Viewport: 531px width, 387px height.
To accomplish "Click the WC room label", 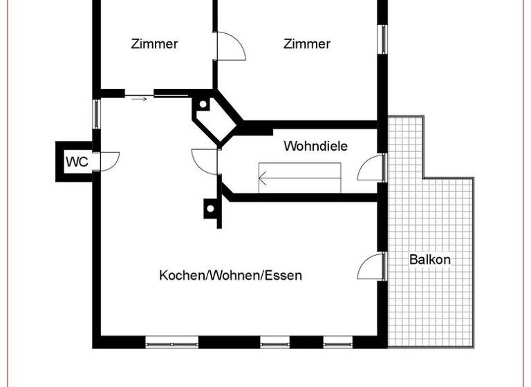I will coord(77,162).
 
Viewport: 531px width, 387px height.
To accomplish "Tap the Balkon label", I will coord(430,260).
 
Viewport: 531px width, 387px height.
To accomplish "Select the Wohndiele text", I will coord(315,147).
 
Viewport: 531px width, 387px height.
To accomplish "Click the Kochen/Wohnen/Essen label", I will coord(230,275).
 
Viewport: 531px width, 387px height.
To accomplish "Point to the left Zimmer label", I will coord(154,44).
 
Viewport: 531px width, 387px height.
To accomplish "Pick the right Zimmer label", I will coord(307,44).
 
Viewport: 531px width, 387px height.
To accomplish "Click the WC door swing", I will coord(109,160).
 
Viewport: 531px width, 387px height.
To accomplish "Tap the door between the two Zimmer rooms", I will coord(230,46).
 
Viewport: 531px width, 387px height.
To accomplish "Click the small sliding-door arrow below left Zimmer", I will coord(139,100).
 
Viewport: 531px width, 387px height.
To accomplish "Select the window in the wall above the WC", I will coord(97,114).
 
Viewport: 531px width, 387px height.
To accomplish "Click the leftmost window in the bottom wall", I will coord(171,341).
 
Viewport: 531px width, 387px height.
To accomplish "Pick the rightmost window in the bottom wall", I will coord(338,341).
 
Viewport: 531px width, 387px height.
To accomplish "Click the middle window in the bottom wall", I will coord(274,341).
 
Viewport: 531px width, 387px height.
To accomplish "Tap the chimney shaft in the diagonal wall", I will coord(204,105).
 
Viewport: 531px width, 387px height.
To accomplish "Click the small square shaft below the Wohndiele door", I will coord(209,207).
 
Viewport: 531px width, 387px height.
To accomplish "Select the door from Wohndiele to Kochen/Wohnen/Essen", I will coord(206,161).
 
